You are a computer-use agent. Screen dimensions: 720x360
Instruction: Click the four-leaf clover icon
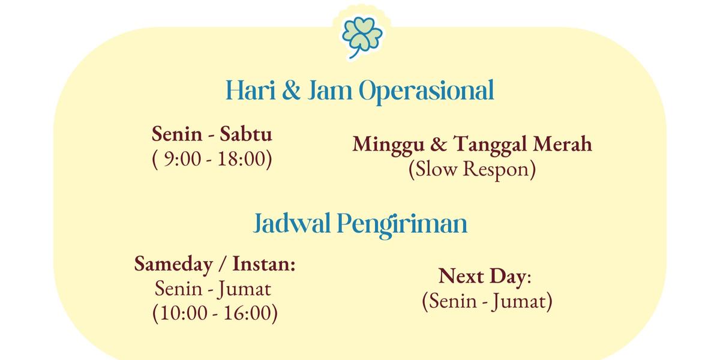point(362,36)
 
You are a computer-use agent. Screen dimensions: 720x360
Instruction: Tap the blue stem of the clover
point(354,53)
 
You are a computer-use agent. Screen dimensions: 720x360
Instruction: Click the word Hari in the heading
point(251,91)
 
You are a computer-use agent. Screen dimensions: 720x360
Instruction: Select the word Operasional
point(426,92)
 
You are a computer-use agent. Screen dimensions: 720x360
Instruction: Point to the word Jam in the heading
point(330,91)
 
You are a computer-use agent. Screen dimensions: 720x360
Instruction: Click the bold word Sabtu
point(246,134)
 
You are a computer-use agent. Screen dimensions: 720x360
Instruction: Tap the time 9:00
point(182,159)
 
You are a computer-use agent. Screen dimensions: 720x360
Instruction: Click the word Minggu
point(388,145)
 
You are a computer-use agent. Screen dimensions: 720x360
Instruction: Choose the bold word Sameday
point(173,265)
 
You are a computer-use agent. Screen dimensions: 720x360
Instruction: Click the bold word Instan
point(264,264)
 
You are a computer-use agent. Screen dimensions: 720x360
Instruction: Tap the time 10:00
point(184,313)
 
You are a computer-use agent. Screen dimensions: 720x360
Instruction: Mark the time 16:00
point(247,313)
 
